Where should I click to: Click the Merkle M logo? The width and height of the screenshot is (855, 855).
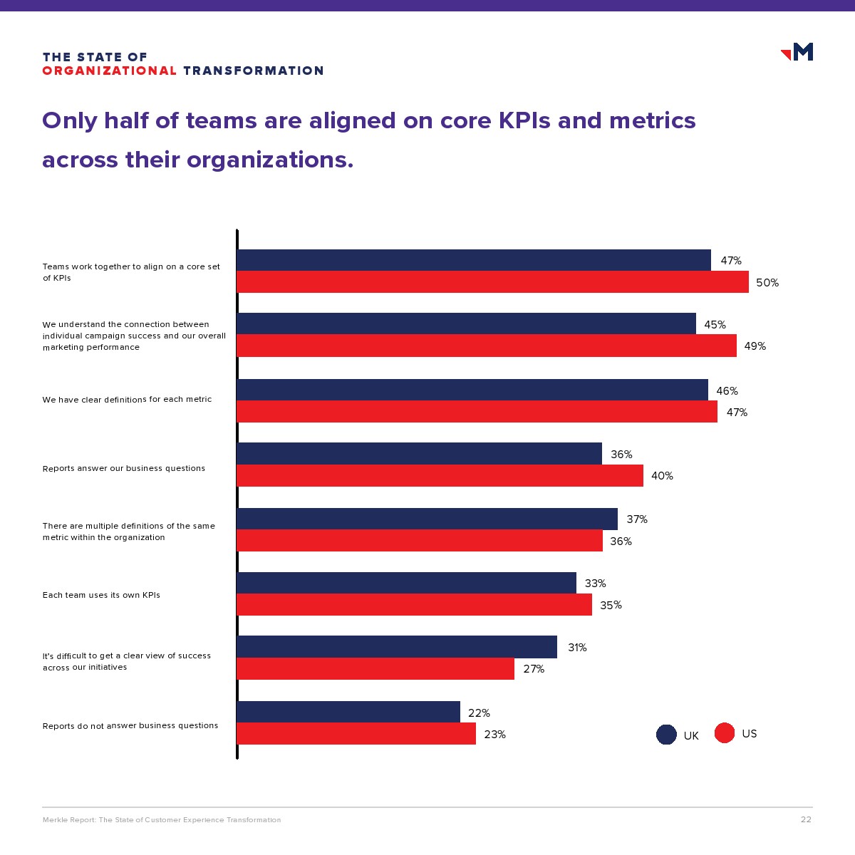click(798, 51)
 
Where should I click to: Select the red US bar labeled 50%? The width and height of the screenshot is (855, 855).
click(492, 282)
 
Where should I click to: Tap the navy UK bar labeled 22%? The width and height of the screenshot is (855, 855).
click(348, 712)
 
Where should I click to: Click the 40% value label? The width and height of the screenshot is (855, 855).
click(662, 476)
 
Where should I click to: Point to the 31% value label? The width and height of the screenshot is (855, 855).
click(577, 648)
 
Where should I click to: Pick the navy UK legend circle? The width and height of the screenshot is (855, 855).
click(666, 735)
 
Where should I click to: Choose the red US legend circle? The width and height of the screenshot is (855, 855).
click(725, 733)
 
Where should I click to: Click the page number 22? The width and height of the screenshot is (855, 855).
click(806, 819)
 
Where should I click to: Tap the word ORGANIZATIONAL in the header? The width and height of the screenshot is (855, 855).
click(110, 71)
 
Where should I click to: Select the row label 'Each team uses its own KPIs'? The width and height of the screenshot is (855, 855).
click(101, 595)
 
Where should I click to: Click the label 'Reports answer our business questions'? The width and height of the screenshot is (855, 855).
click(124, 468)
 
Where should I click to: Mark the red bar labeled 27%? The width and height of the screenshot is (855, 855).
click(375, 669)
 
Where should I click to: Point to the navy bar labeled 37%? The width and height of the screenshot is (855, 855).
click(427, 519)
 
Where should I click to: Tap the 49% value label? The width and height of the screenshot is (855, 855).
click(755, 346)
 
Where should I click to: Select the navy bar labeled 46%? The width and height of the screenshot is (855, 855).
click(472, 390)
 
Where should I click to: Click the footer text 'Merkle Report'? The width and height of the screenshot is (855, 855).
click(68, 820)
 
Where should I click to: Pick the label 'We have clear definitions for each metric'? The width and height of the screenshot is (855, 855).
click(127, 400)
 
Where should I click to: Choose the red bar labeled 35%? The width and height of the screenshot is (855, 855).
click(414, 605)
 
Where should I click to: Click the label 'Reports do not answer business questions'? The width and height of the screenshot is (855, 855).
click(130, 726)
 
